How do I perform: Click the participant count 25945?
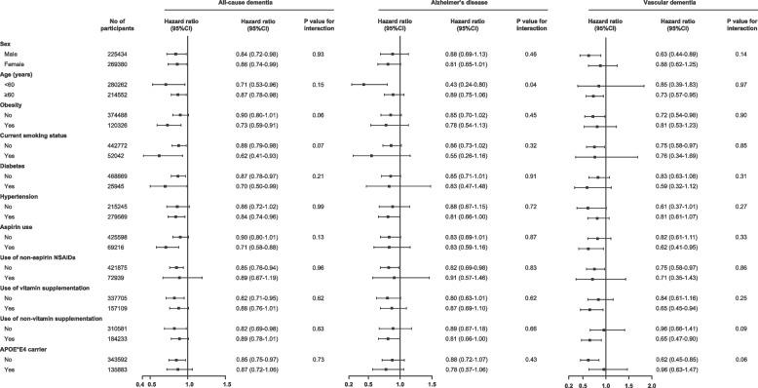(x=101, y=186)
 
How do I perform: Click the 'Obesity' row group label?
(x=19, y=105)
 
